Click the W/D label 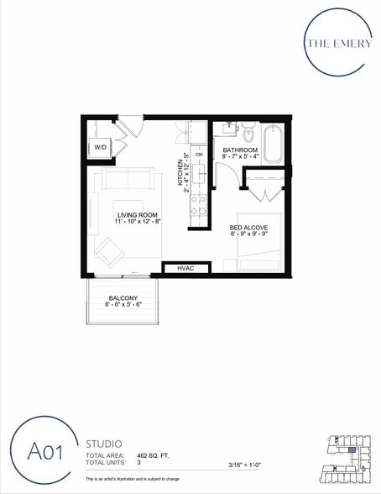[x=100, y=147]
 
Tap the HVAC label [x=185, y=268]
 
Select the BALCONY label [x=123, y=298]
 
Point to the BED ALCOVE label [x=248, y=229]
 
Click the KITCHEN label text [x=179, y=172]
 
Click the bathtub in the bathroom [x=274, y=145]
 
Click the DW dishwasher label [x=199, y=155]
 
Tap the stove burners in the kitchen [x=198, y=206]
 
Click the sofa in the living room [x=127, y=179]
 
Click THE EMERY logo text [x=339, y=44]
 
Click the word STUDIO [x=104, y=443]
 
